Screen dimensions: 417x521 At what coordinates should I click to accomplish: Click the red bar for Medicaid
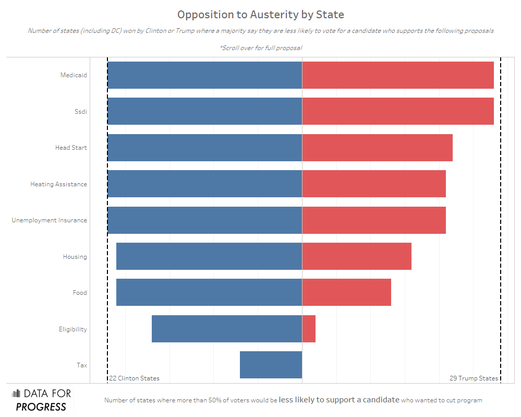click(x=397, y=75)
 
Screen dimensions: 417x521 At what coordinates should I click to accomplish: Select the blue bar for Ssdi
click(x=204, y=111)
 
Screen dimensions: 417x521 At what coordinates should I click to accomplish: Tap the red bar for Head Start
click(x=377, y=148)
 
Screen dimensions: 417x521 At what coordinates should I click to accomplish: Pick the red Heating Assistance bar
click(x=373, y=184)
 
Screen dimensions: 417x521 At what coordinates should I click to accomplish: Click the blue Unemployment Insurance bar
click(x=204, y=220)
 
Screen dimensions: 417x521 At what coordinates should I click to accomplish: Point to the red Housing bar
click(x=357, y=256)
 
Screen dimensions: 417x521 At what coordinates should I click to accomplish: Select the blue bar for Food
click(x=209, y=292)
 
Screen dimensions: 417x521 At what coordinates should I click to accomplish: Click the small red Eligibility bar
click(x=309, y=329)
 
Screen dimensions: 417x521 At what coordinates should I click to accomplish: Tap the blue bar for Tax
click(x=271, y=365)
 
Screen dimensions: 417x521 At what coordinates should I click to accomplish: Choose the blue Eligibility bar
click(x=226, y=329)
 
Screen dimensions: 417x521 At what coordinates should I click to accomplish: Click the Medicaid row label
click(x=74, y=75)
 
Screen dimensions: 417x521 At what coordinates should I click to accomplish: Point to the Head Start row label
click(x=71, y=148)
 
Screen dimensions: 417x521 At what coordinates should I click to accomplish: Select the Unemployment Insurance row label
click(x=50, y=220)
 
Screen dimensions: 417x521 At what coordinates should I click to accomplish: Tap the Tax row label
click(x=82, y=365)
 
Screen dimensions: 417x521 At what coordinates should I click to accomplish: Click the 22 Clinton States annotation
click(x=134, y=378)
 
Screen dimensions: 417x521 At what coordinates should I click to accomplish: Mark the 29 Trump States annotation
click(x=474, y=378)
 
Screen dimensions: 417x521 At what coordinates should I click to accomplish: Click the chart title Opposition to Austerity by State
click(x=260, y=14)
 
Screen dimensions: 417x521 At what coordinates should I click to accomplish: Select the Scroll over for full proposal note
click(x=261, y=47)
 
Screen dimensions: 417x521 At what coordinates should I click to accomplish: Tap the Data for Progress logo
click(x=41, y=400)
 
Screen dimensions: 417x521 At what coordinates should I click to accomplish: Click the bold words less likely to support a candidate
click(x=339, y=400)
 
